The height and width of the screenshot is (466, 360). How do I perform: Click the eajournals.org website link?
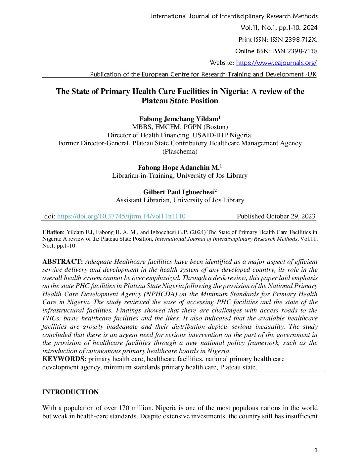tap(276, 63)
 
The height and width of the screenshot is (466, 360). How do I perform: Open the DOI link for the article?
tap(121, 216)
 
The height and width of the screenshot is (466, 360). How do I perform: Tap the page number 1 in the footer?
tap(316, 450)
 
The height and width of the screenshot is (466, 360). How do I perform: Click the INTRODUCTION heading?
tap(70, 392)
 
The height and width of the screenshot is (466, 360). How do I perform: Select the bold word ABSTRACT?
tap(63, 262)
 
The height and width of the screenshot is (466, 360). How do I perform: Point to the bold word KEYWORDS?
tap(65, 359)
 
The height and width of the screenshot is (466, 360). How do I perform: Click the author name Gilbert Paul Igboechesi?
tap(179, 192)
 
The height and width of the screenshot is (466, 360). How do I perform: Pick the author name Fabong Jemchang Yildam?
tap(179, 119)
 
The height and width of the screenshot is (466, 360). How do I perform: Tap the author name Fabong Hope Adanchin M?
tap(179, 168)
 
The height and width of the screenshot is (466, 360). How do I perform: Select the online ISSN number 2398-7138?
tap(302, 51)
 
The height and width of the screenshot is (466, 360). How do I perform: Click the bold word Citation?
tap(53, 232)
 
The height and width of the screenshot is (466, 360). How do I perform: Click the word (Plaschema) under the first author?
tap(180, 152)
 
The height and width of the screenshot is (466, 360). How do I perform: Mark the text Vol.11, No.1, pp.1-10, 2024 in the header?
tap(279, 28)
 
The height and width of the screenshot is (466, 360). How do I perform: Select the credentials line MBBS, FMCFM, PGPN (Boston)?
tap(180, 127)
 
